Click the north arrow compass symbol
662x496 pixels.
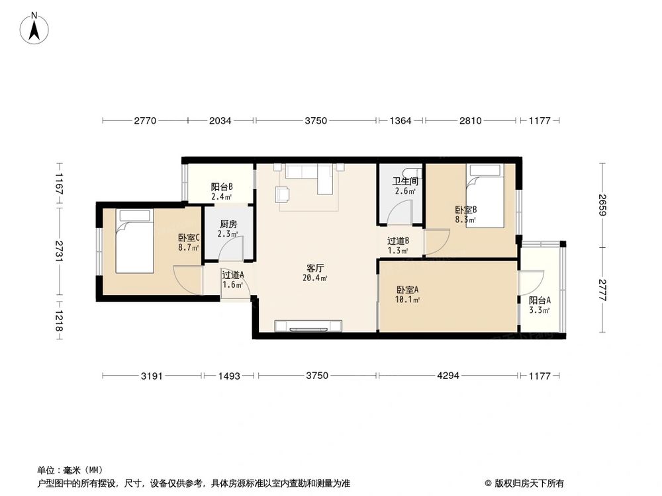coord(34,28)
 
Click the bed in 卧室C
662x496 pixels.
coord(134,241)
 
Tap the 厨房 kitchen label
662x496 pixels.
coord(228,224)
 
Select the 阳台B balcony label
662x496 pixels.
coord(221,187)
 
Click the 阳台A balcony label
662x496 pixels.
coord(540,300)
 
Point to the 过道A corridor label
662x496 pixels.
coord(232,276)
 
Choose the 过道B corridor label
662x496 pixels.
coord(398,241)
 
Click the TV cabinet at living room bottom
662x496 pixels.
coord(309,325)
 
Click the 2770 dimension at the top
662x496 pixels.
coord(145,121)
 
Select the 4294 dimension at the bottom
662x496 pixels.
coord(448,376)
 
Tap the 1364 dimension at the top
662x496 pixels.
coord(401,121)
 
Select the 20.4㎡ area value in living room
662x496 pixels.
coord(314,278)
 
